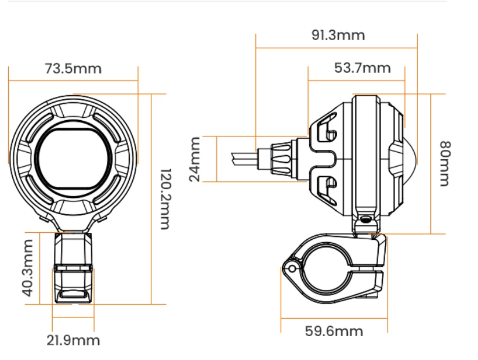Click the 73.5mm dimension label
[x=73, y=69]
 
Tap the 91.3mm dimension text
[x=338, y=35]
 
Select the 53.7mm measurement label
[x=362, y=68]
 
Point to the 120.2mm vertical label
[x=166, y=199]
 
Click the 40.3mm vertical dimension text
[x=28, y=268]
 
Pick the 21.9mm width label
[x=73, y=340]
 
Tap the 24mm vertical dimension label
[x=194, y=159]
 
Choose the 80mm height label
[x=446, y=164]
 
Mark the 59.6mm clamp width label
[x=334, y=332]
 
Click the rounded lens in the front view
[x=74, y=159]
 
